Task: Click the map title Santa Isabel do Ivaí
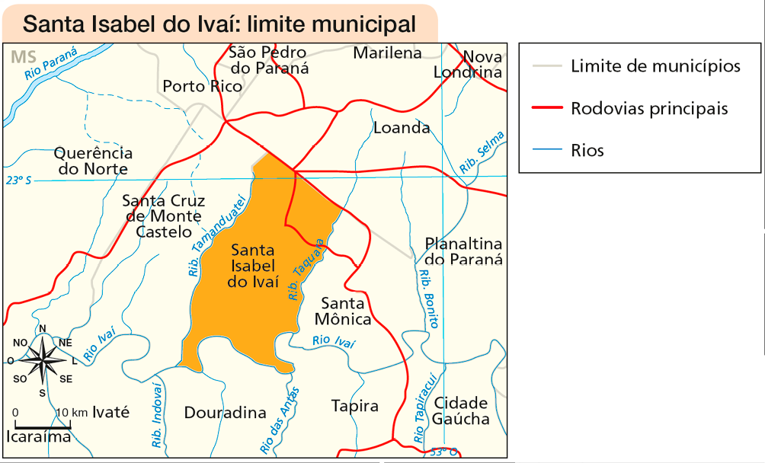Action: [x=219, y=24]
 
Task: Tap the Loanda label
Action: [x=402, y=127]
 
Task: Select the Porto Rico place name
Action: [x=203, y=86]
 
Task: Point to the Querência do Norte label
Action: [x=93, y=161]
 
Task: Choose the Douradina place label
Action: [x=226, y=413]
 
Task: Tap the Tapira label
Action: [x=354, y=406]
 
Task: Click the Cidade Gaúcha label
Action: [x=461, y=410]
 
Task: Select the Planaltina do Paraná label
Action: [x=464, y=251]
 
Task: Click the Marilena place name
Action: [x=387, y=53]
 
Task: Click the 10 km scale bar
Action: [x=43, y=420]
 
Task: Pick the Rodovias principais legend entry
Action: [x=648, y=108]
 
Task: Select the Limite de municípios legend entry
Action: [x=654, y=66]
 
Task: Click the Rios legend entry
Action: [x=587, y=150]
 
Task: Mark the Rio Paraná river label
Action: [x=51, y=63]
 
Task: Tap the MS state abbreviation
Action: [x=24, y=57]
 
